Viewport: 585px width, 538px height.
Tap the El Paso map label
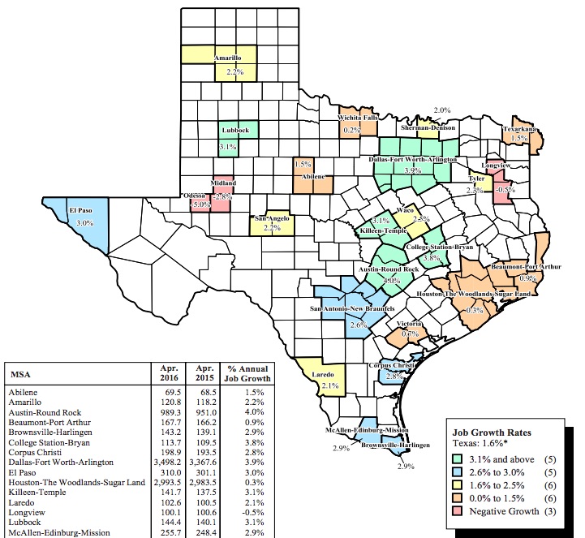point(79,211)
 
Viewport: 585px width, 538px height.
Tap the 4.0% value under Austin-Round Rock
point(392,279)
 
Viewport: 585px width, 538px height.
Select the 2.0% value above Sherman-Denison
point(442,110)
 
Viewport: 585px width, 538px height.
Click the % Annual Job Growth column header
point(247,373)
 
